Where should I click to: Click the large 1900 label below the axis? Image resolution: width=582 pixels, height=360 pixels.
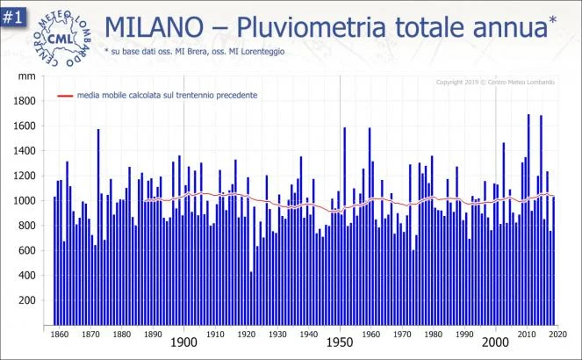tap(183, 342)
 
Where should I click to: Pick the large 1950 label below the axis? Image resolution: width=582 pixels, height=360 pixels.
tap(340, 342)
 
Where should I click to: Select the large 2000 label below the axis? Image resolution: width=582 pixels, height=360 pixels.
tap(496, 342)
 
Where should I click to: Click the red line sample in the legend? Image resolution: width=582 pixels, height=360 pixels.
tap(66, 95)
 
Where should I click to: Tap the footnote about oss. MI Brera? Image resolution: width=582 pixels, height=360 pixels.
tap(193, 52)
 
